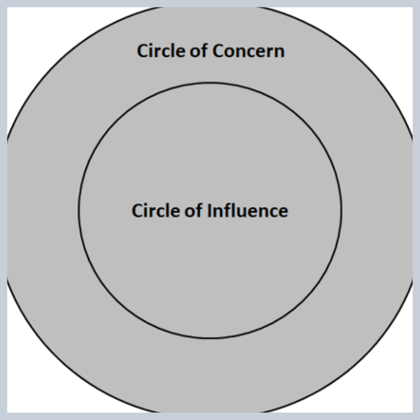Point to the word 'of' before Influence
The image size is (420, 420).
point(194,211)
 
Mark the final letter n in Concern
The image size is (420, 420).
point(280,52)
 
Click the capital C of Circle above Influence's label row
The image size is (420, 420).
point(137,211)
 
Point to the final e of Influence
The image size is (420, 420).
point(283,212)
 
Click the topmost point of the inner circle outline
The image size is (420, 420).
point(210,82)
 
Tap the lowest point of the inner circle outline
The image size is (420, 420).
point(210,338)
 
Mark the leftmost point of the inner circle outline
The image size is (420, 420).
point(79,210)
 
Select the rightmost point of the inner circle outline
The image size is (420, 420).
point(341,210)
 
